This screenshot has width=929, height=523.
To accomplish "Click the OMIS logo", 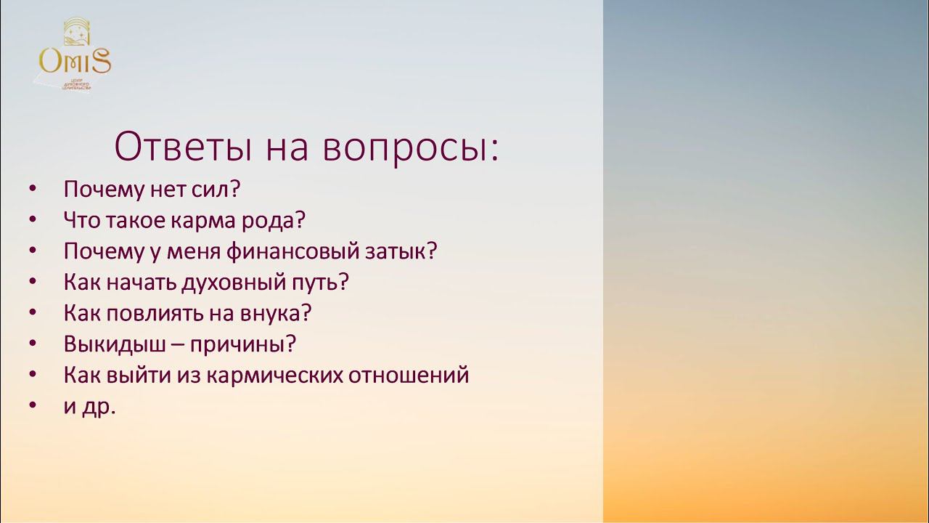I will [75, 57].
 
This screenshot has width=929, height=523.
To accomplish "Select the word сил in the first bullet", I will [216, 190].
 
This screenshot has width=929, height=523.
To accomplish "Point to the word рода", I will [279, 220].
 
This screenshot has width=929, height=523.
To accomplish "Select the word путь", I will [319, 283].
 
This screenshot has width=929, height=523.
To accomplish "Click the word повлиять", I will [156, 313].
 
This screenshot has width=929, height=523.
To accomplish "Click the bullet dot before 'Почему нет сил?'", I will [33, 190].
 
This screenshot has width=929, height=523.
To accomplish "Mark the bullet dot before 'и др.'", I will [33, 407].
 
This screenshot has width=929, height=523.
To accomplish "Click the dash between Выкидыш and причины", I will [177, 345].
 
